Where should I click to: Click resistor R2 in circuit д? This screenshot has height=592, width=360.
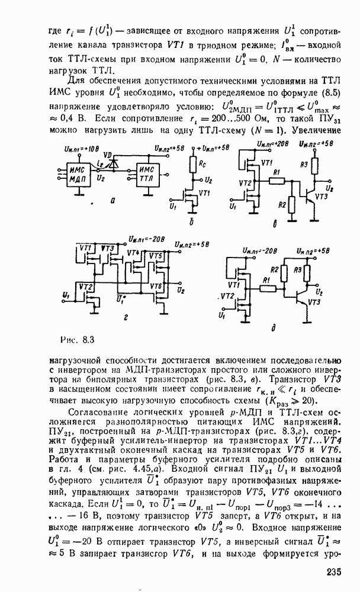pyautogui.click(x=284, y=272)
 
